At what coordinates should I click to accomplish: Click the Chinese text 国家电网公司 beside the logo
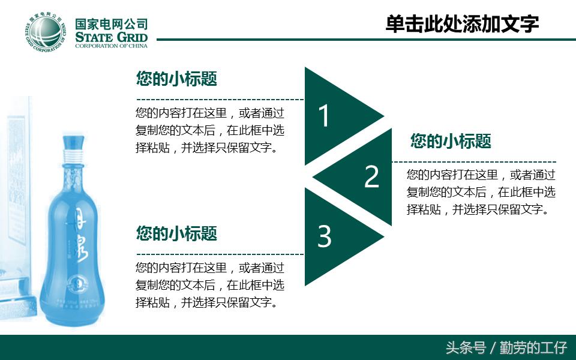111,24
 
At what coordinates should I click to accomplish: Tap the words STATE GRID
111,38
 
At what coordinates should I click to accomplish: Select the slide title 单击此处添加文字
462,25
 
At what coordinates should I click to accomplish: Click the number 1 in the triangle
324,116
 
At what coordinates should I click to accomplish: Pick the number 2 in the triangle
372,176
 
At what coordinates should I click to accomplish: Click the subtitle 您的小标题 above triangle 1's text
176,79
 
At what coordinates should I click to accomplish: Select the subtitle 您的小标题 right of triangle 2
451,141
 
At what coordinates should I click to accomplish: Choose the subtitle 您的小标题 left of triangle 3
176,233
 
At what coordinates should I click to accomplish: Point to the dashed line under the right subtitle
474,162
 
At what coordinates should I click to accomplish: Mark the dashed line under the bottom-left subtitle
220,254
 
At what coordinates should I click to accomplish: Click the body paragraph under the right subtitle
481,192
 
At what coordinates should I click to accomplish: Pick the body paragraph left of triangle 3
210,285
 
